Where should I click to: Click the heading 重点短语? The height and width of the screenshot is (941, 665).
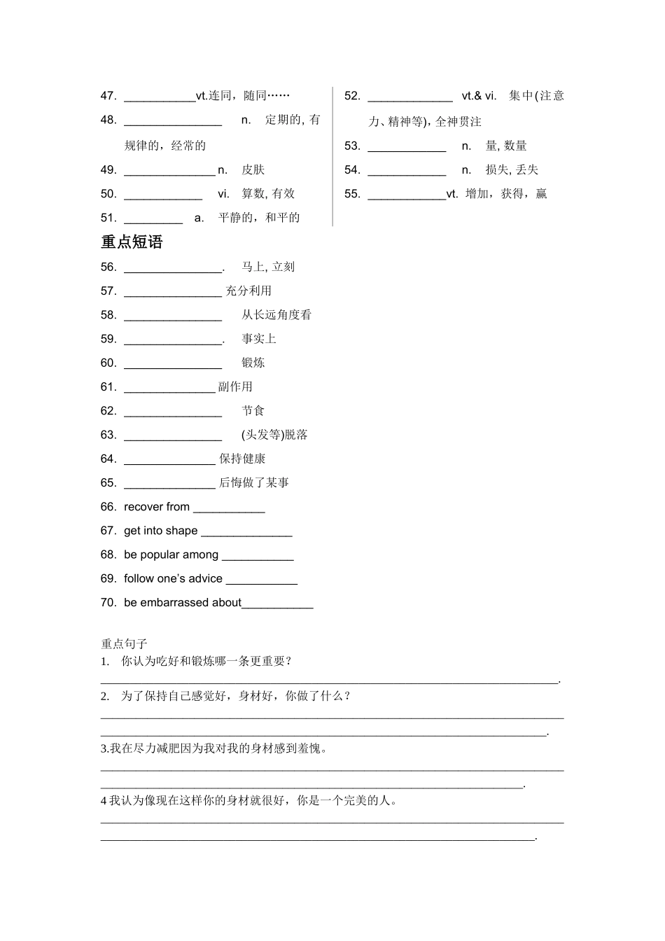pyautogui.click(x=132, y=242)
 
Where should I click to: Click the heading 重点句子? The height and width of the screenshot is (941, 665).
pyautogui.click(x=124, y=644)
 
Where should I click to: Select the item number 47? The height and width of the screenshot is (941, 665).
pyautogui.click(x=108, y=96)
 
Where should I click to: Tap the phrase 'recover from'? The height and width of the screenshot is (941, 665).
pyautogui.click(x=157, y=507)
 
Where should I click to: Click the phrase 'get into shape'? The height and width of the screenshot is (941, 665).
pyautogui.click(x=161, y=531)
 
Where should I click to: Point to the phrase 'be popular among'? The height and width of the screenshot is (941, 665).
pyautogui.click(x=171, y=555)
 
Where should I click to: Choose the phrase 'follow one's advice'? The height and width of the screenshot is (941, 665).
pyautogui.click(x=173, y=578)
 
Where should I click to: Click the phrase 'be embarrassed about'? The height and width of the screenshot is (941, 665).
pyautogui.click(x=183, y=602)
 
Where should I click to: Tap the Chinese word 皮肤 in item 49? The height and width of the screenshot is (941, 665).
pyautogui.click(x=253, y=170)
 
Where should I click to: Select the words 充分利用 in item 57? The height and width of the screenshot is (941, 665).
pyautogui.click(x=248, y=291)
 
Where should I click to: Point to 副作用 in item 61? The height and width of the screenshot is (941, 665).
pyautogui.click(x=235, y=386)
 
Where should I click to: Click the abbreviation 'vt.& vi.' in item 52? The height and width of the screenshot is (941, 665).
pyautogui.click(x=479, y=96)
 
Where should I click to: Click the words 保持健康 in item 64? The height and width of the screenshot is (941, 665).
pyautogui.click(x=242, y=459)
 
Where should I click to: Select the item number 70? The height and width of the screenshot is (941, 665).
pyautogui.click(x=108, y=602)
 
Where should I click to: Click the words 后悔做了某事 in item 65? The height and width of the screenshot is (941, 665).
pyautogui.click(x=254, y=482)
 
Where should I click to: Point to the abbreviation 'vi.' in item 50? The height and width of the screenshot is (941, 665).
pyautogui.click(x=224, y=194)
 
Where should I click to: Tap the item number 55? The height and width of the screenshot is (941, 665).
pyautogui.click(x=352, y=194)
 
